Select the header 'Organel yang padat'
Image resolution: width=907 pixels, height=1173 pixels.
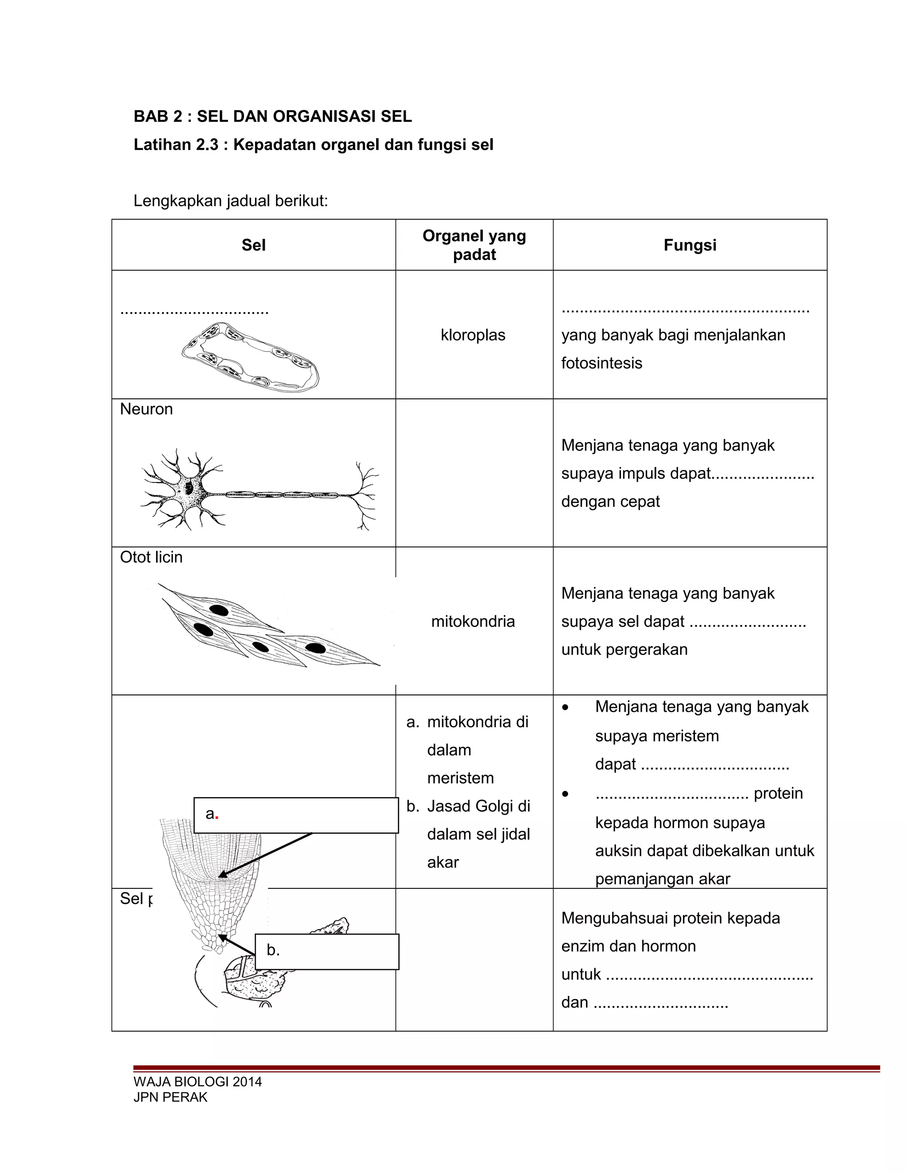(x=474, y=245)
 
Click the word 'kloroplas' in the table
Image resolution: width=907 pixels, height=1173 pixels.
(x=473, y=335)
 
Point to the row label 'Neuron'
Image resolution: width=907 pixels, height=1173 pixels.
(x=146, y=409)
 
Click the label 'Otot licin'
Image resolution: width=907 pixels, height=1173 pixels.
(x=151, y=557)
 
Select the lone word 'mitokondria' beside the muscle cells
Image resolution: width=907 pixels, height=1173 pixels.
(x=473, y=621)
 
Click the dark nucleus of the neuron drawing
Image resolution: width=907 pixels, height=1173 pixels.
(x=189, y=488)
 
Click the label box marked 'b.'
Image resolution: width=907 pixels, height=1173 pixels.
(x=327, y=952)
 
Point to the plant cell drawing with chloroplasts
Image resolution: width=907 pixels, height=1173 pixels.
(x=250, y=357)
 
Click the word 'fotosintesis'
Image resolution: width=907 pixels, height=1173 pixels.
(x=601, y=363)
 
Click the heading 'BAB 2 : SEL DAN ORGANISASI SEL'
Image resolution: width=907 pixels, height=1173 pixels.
(x=272, y=116)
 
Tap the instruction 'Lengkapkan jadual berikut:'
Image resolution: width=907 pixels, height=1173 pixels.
(x=230, y=201)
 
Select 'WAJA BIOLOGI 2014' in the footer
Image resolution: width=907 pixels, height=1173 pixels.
(x=197, y=1082)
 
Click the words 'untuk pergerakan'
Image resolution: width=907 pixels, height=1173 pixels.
(x=624, y=649)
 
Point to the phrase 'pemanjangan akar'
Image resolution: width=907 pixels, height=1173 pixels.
(x=662, y=879)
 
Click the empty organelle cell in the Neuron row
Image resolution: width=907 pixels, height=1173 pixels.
(x=474, y=473)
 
